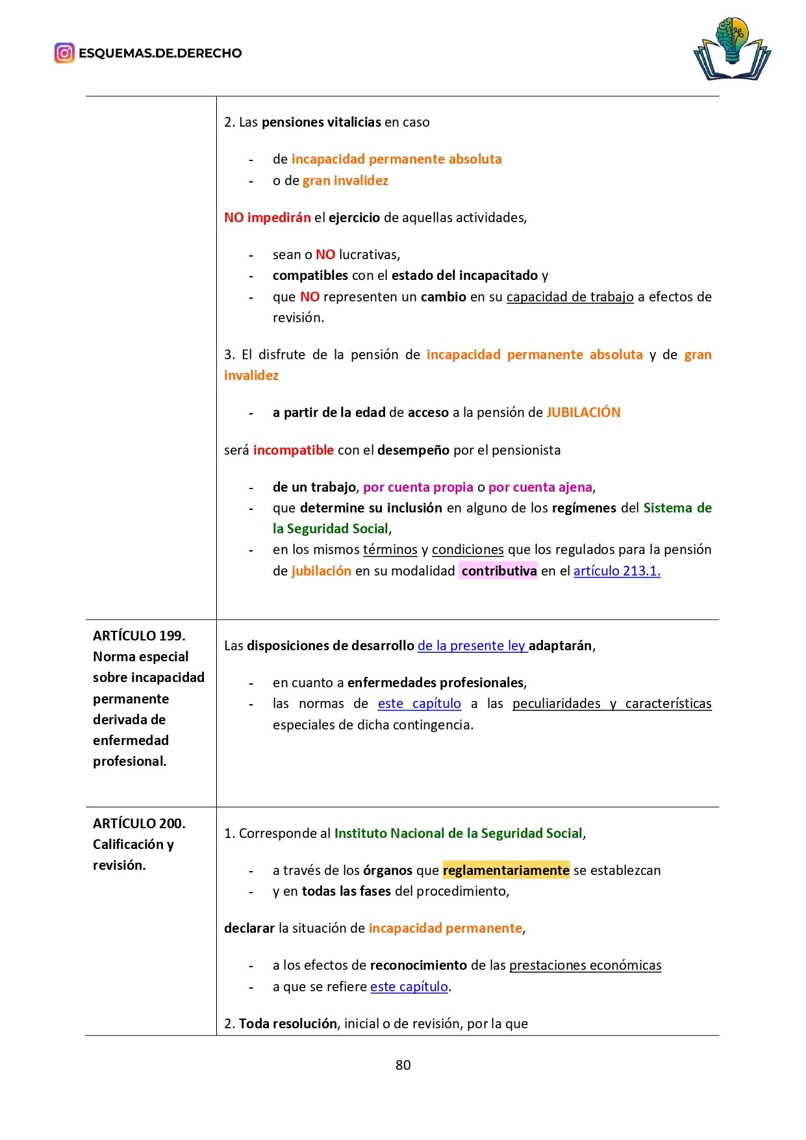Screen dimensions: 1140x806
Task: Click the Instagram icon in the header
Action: (x=64, y=53)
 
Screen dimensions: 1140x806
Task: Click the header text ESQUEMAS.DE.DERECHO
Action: (x=160, y=53)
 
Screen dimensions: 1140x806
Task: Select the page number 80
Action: (x=403, y=1065)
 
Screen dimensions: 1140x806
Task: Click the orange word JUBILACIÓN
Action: (x=583, y=412)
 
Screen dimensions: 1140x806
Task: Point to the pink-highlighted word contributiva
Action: (x=499, y=571)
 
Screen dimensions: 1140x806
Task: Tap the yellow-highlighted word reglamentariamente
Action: (x=506, y=870)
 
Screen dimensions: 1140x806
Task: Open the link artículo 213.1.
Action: (x=616, y=571)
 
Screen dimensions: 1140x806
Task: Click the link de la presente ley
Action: (x=472, y=646)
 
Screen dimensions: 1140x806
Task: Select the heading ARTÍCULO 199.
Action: (x=139, y=636)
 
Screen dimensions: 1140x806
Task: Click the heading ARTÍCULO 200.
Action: (x=139, y=824)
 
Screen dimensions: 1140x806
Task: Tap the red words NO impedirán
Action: (x=267, y=218)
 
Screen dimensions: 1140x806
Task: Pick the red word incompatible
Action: (x=294, y=450)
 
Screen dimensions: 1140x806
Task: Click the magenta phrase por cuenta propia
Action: (x=418, y=487)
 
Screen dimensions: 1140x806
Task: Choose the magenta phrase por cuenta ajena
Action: (x=540, y=487)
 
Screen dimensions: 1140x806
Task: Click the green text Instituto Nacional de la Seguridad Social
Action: (x=459, y=833)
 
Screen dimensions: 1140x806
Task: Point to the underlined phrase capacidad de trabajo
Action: (x=570, y=297)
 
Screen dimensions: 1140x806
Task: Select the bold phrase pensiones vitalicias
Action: (x=321, y=122)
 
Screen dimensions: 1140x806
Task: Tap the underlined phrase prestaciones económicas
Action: (x=585, y=965)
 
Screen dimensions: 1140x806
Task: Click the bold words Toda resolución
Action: (x=288, y=1024)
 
